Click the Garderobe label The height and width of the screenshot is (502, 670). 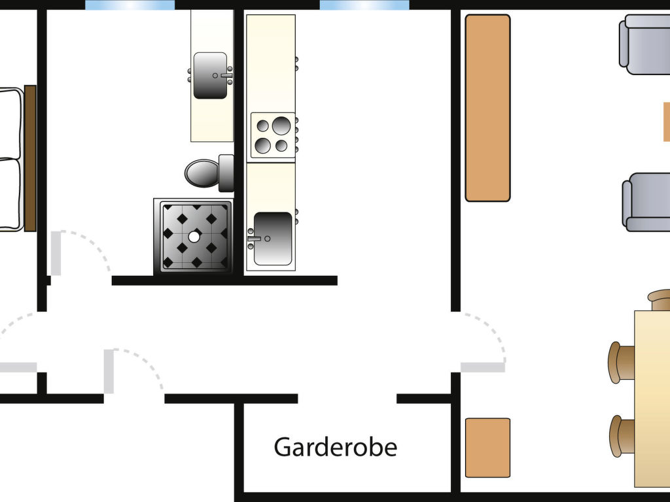click(335, 448)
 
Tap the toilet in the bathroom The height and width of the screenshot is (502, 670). click(204, 173)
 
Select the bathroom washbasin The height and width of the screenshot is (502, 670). click(211, 75)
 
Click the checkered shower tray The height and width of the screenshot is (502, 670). click(194, 237)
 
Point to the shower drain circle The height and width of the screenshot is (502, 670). click(194, 237)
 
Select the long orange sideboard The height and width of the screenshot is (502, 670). click(487, 108)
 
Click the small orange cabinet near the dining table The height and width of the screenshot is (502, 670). click(487, 448)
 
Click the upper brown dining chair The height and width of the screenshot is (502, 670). click(622, 361)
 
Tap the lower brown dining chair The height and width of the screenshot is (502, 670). click(623, 436)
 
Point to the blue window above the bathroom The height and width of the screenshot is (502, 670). click(130, 5)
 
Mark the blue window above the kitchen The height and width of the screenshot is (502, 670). click(364, 5)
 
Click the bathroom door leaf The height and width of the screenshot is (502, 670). click(56, 254)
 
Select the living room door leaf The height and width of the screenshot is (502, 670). click(483, 367)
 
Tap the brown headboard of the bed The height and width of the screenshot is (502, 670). click(30, 158)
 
